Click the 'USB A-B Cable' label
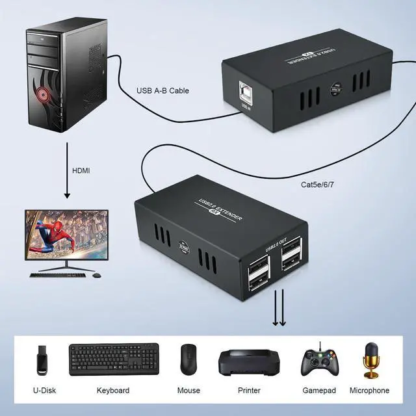click(x=162, y=91)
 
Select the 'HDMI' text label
click(x=81, y=171)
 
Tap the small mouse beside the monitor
click(x=97, y=274)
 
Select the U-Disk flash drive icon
click(x=42, y=359)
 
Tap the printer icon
click(x=249, y=362)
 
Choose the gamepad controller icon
click(x=318, y=361)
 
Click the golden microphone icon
click(x=373, y=359)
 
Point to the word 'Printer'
click(x=249, y=391)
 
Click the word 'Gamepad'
click(x=318, y=391)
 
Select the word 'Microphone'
click(x=369, y=391)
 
